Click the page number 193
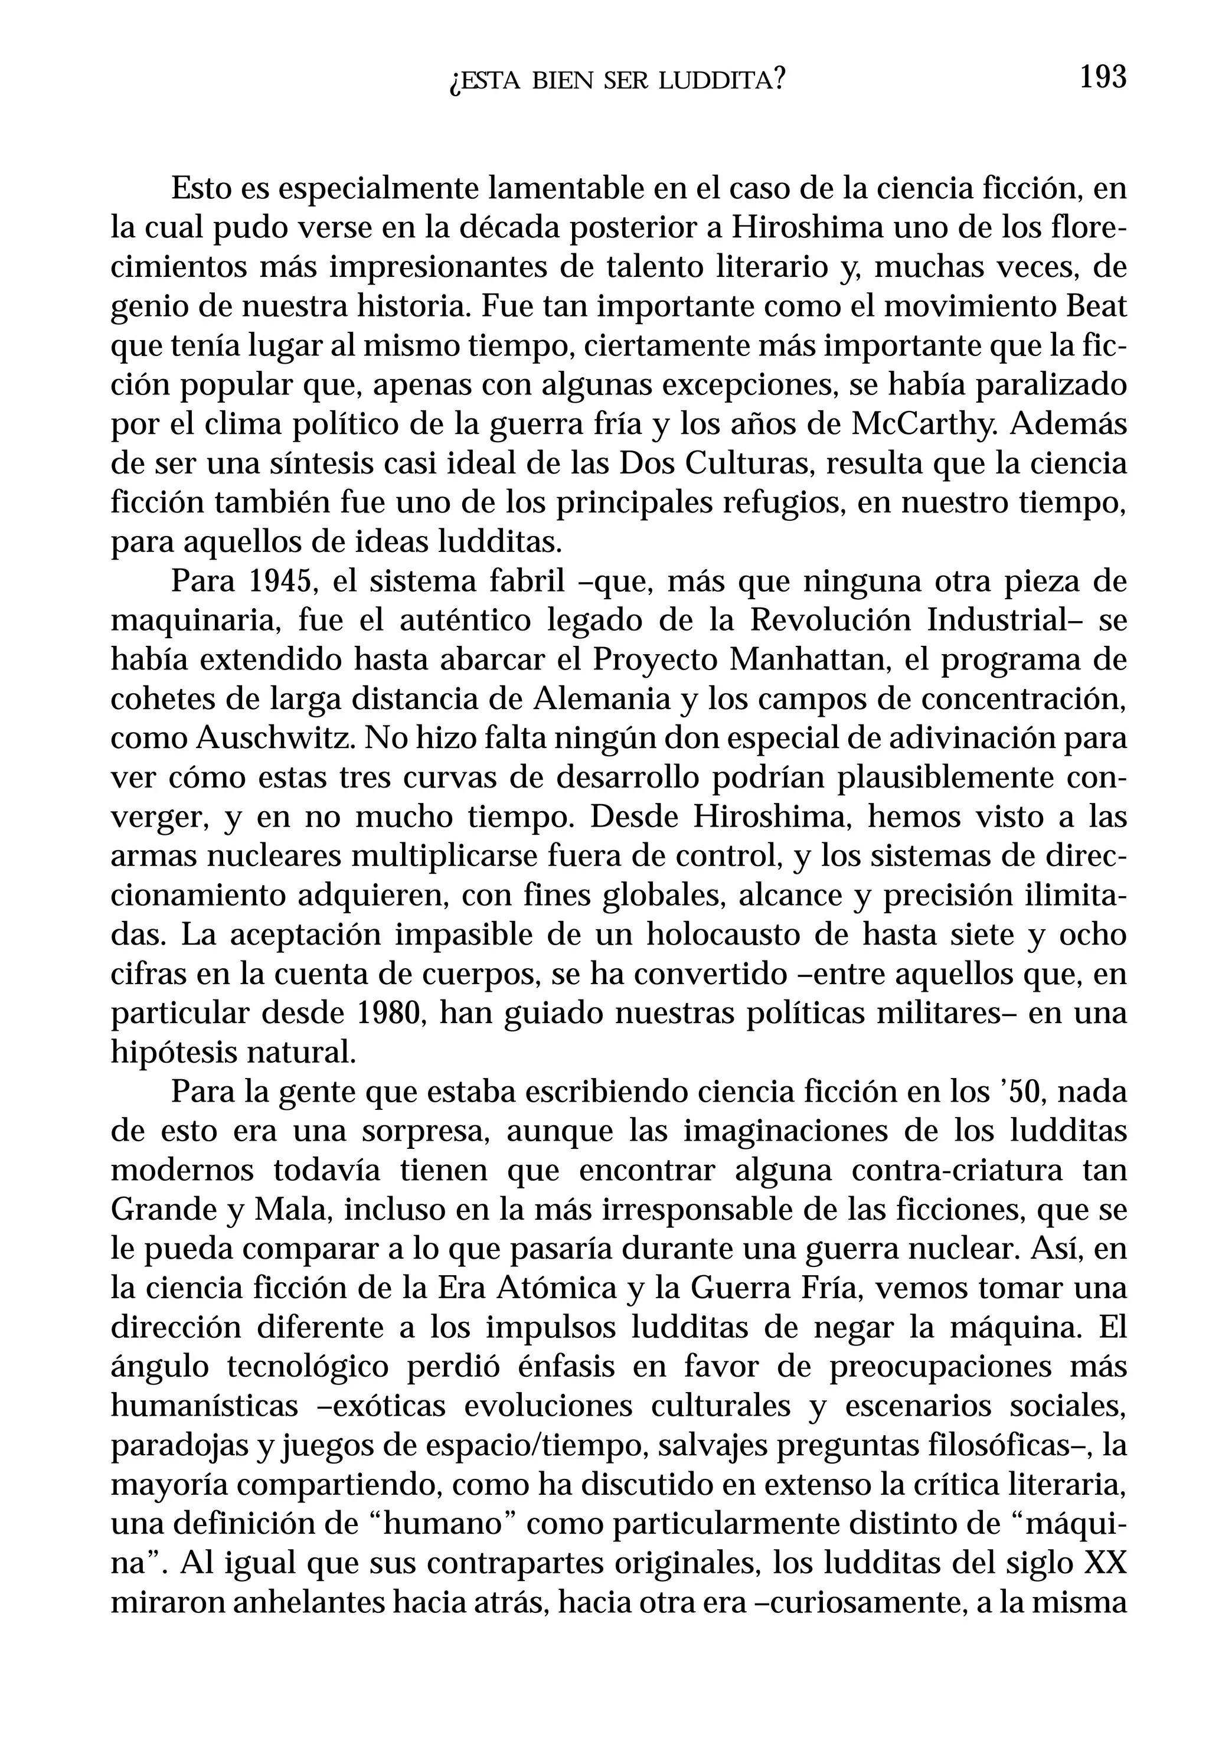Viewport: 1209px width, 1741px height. tap(1103, 78)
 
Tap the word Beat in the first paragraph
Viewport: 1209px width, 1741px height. tap(1097, 307)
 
